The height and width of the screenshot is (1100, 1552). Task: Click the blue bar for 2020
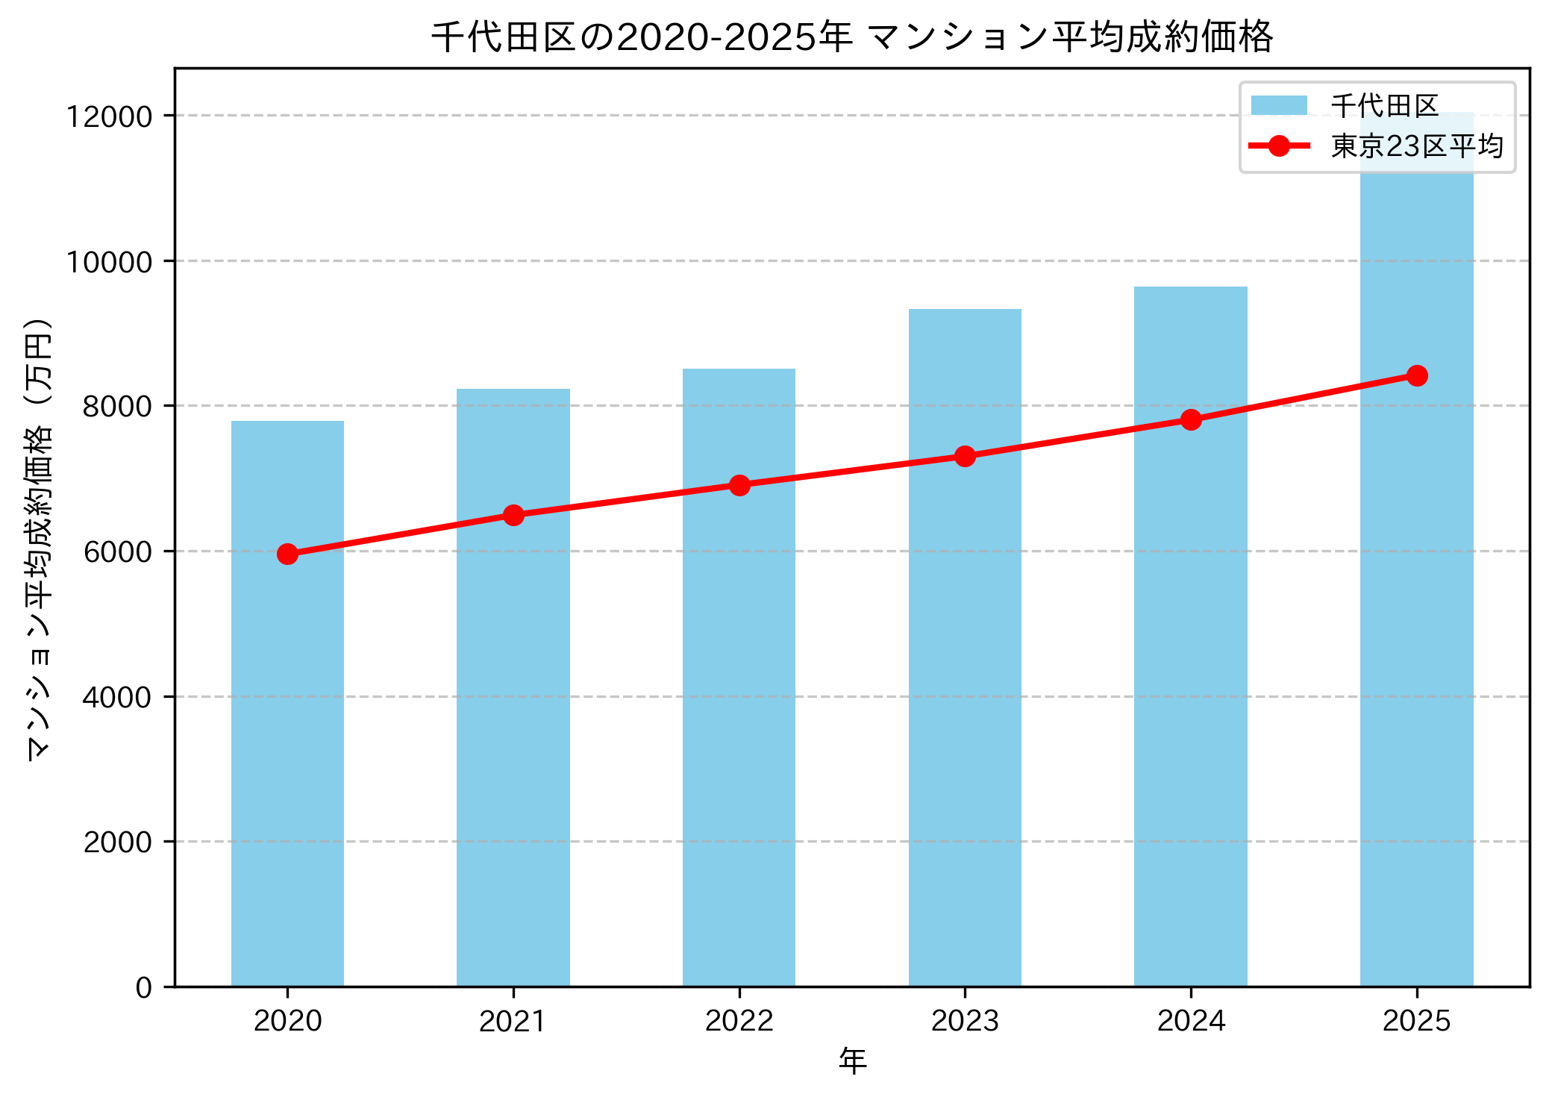click(x=287, y=746)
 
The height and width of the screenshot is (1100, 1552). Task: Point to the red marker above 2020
click(x=287, y=554)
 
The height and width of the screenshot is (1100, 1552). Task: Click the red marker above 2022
click(x=739, y=485)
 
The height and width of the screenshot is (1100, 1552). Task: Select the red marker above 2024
click(x=1191, y=419)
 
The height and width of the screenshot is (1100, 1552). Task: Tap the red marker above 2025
click(x=1417, y=375)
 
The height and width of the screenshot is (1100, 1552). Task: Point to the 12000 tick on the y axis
click(x=109, y=116)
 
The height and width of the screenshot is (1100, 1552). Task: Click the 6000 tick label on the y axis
click(x=117, y=552)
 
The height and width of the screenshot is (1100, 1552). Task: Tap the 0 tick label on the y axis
click(x=143, y=988)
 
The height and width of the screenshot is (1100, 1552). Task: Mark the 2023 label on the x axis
click(x=965, y=1021)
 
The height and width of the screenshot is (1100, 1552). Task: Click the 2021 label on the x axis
click(x=513, y=1021)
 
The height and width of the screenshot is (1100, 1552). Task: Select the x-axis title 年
click(x=852, y=1060)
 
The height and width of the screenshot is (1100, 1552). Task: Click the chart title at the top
click(x=852, y=37)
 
